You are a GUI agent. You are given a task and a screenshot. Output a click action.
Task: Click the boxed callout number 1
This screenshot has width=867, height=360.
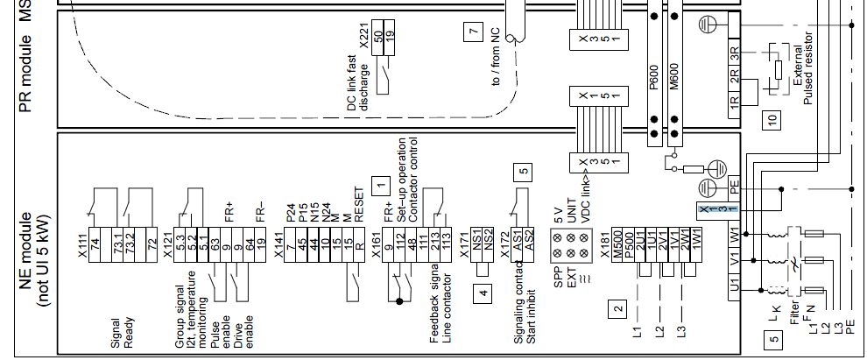[x=379, y=185]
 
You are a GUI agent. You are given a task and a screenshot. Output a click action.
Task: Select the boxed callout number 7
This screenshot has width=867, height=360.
[x=474, y=33]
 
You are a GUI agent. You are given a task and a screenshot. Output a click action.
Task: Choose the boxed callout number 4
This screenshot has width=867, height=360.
[x=483, y=294]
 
